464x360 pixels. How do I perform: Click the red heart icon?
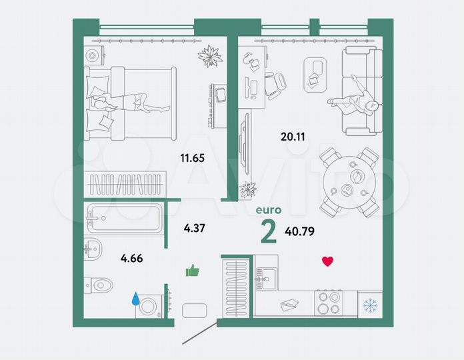[x=327, y=261]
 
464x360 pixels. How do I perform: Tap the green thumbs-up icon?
[x=193, y=270]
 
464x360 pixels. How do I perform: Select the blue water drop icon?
[x=137, y=299]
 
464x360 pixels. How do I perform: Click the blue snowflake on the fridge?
[x=369, y=305]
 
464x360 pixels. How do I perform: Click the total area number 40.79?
[x=300, y=233]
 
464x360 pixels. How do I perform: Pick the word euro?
[x=269, y=209]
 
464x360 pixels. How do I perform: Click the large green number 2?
[x=269, y=231]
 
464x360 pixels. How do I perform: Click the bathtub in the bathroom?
[x=123, y=218]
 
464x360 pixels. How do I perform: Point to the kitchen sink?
[x=269, y=277]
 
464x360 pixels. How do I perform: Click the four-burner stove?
[x=328, y=303]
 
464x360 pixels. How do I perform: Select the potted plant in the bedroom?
[x=211, y=55]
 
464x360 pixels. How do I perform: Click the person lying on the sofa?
[x=354, y=98]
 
